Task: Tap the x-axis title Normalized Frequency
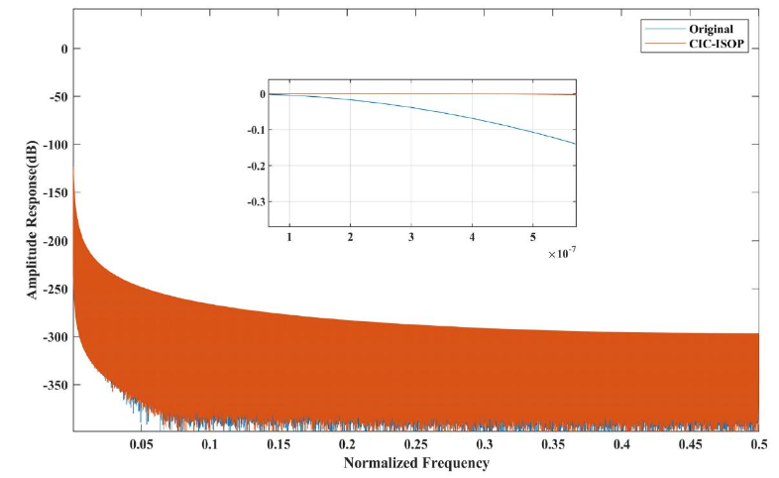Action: pos(416,463)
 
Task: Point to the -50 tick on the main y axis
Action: pos(56,97)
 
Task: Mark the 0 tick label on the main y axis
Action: pos(63,49)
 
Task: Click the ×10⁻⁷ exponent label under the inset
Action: pos(560,255)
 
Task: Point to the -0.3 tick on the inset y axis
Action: pos(255,201)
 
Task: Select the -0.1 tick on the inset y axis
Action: pos(255,130)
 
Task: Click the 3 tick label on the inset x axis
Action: pos(410,238)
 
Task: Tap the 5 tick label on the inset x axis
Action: pos(533,238)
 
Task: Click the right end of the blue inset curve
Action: pos(575,144)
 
